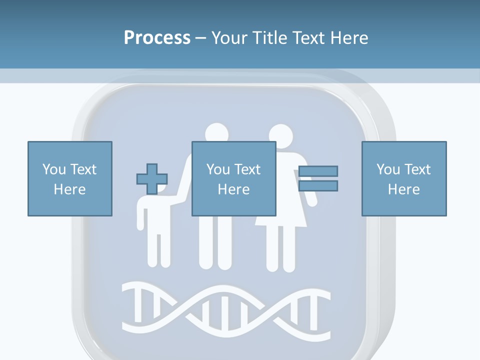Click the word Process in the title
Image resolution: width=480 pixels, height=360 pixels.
(x=157, y=38)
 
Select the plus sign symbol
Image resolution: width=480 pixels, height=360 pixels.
(x=152, y=178)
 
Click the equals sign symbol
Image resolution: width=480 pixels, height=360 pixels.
(x=318, y=178)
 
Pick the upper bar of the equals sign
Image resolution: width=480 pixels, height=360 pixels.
(x=318, y=171)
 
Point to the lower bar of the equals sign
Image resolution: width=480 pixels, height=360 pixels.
(x=318, y=186)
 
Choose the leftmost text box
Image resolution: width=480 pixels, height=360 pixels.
(x=70, y=178)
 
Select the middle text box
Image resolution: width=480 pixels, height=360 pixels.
(x=234, y=178)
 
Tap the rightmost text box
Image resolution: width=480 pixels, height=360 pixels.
(x=404, y=178)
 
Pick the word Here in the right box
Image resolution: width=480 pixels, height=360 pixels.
(x=404, y=189)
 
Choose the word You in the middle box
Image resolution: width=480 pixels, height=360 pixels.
(x=218, y=169)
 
